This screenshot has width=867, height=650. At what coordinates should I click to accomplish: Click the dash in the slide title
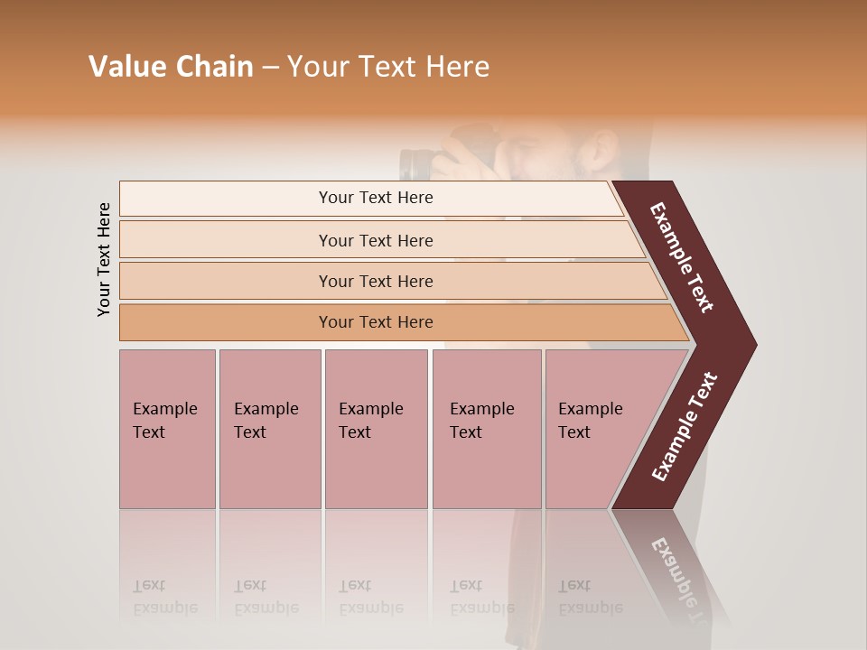(x=270, y=68)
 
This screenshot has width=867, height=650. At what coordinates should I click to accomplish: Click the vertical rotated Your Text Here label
(x=104, y=259)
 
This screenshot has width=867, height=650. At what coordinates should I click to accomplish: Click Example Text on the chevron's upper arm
(x=682, y=257)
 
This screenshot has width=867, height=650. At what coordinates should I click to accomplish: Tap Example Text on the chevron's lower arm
(x=685, y=427)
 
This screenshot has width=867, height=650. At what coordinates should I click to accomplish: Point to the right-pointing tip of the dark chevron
(x=752, y=344)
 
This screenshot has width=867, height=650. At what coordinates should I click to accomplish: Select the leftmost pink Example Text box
(x=167, y=429)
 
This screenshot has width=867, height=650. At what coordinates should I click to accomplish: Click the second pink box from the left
(x=269, y=429)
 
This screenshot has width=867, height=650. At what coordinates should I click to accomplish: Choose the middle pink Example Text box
(x=376, y=429)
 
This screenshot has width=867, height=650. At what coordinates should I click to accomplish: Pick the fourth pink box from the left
(x=486, y=429)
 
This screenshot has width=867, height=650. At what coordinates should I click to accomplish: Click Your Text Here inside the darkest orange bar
(x=376, y=322)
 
